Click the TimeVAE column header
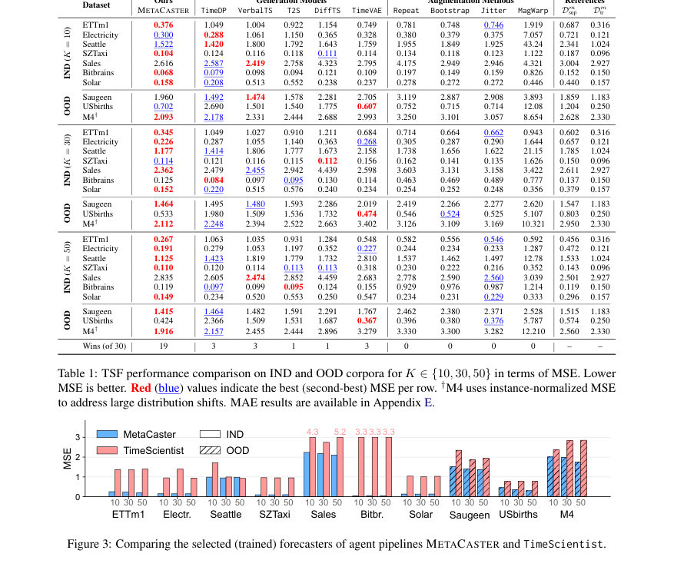tap(364, 11)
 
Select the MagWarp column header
tap(533, 11)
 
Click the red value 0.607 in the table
tap(367, 107)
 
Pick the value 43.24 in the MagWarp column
tap(533, 45)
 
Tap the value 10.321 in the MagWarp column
tap(533, 224)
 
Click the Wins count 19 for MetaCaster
tap(164, 346)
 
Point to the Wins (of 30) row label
tap(105, 346)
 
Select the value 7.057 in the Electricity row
tap(533, 35)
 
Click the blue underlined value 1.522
tap(164, 45)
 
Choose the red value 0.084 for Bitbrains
tap(214, 180)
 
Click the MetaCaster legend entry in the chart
tap(136, 434)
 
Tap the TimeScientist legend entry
tap(141, 451)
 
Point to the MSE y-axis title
tap(68, 459)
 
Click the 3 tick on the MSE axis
tap(78, 437)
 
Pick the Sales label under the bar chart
tap(324, 514)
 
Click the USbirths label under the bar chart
tap(518, 514)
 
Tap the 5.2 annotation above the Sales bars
tap(340, 432)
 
